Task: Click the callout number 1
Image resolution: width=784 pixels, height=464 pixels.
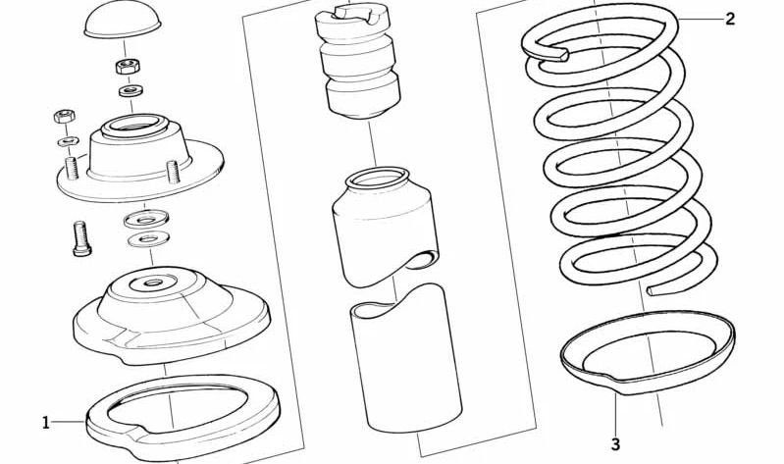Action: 45,423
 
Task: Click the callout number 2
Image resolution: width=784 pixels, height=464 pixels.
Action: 730,20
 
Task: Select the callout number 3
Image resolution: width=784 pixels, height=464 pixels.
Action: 615,443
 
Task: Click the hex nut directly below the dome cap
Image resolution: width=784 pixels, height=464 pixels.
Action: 128,66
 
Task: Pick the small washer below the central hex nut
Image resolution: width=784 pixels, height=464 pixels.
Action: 131,91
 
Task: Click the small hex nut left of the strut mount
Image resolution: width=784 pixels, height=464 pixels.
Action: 64,116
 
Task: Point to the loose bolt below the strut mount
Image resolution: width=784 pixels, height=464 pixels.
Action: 81,239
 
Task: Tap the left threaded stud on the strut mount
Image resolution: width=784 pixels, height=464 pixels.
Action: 72,168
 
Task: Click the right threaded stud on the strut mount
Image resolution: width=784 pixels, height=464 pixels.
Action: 173,172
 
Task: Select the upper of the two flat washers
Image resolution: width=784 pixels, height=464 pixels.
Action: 146,219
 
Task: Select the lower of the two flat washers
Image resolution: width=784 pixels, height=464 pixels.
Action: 148,238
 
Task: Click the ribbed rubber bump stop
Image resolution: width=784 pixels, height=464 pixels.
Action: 357,60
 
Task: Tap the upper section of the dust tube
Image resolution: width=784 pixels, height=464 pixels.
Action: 385,226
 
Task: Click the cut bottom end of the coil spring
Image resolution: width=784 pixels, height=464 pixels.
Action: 653,290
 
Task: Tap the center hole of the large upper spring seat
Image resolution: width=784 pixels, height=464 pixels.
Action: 152,284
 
